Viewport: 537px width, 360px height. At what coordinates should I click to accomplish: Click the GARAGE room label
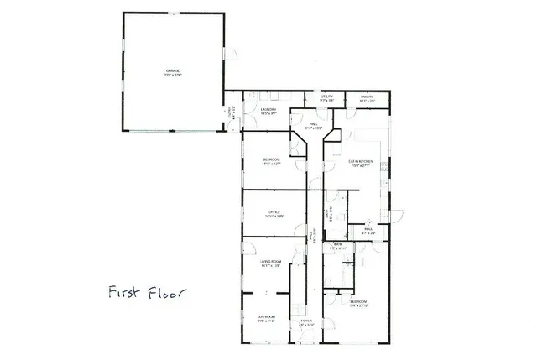[x=173, y=70]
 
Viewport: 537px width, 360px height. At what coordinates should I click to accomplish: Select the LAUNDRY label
[x=268, y=109]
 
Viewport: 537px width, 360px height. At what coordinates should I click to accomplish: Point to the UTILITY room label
[x=327, y=97]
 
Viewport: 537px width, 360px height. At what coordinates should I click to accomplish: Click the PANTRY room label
[x=367, y=97]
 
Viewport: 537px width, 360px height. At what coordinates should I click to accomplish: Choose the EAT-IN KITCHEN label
[x=361, y=160]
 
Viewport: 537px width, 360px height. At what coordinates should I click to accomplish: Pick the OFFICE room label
[x=274, y=211]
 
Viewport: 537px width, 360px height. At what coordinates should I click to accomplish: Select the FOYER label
[x=305, y=320]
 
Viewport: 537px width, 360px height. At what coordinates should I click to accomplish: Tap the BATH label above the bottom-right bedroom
[x=337, y=246]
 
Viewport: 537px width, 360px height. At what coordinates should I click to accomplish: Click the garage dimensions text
[x=173, y=76]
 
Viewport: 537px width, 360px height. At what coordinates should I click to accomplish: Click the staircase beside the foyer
[x=296, y=290]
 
